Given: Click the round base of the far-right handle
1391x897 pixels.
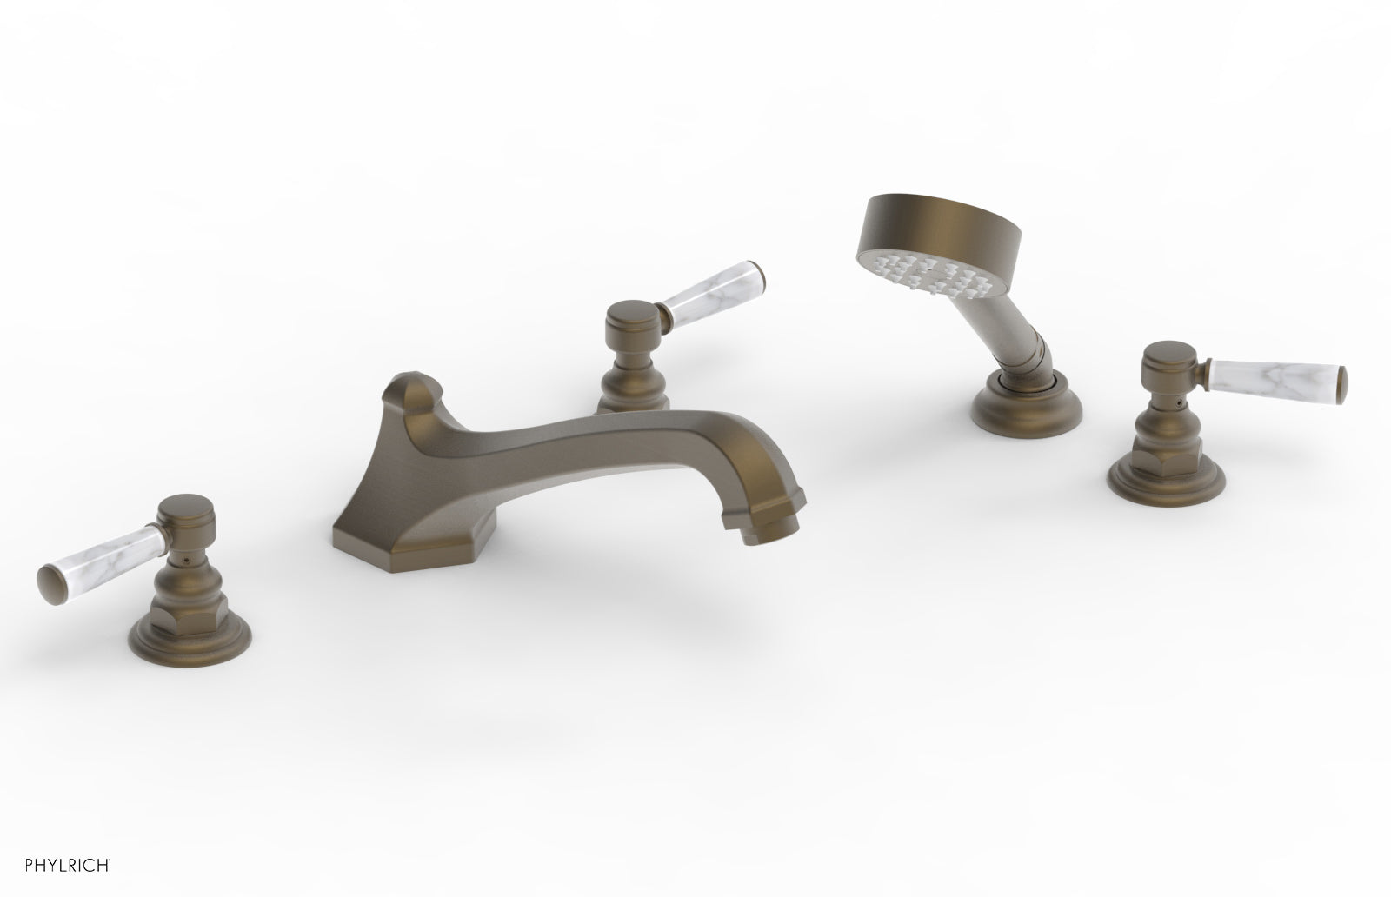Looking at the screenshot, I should pos(1156,483).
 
